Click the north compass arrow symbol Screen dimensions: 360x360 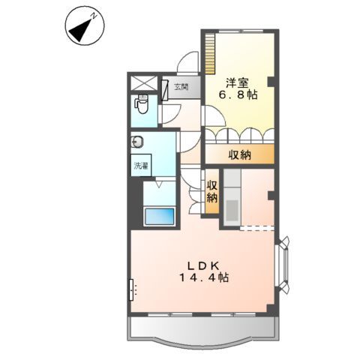click(82, 28)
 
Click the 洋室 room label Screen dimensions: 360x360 click(238, 83)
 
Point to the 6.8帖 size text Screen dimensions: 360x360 click(238, 96)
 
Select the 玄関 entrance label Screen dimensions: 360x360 click(181, 87)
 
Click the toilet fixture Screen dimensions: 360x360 click(141, 104)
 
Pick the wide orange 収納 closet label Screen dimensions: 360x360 click(240, 155)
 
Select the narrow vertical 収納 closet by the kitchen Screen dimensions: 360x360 click(211, 191)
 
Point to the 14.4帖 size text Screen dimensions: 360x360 click(202, 277)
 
